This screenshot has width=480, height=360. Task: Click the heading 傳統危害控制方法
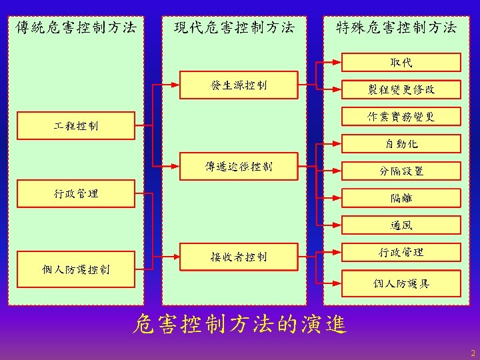click(75, 27)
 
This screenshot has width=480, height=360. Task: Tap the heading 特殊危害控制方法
click(396, 27)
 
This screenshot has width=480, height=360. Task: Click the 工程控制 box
click(75, 123)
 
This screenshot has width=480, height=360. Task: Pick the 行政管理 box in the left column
click(75, 193)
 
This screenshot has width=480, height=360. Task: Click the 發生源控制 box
click(239, 85)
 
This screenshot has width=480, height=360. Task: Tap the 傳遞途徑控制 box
click(239, 166)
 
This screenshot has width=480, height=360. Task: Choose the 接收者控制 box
click(239, 257)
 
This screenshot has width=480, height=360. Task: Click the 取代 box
click(401, 63)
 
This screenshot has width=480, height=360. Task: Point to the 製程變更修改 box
click(401, 89)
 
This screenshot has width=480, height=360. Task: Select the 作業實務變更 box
click(401, 117)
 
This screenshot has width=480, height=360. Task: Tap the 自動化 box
click(401, 143)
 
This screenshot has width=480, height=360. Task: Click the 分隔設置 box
click(401, 171)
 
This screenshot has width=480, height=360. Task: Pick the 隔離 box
click(401, 198)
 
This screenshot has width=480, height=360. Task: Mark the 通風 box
click(401, 225)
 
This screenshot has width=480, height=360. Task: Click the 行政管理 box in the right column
click(401, 252)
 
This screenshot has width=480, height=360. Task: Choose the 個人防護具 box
click(401, 283)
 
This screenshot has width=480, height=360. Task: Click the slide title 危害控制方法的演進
click(239, 325)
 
